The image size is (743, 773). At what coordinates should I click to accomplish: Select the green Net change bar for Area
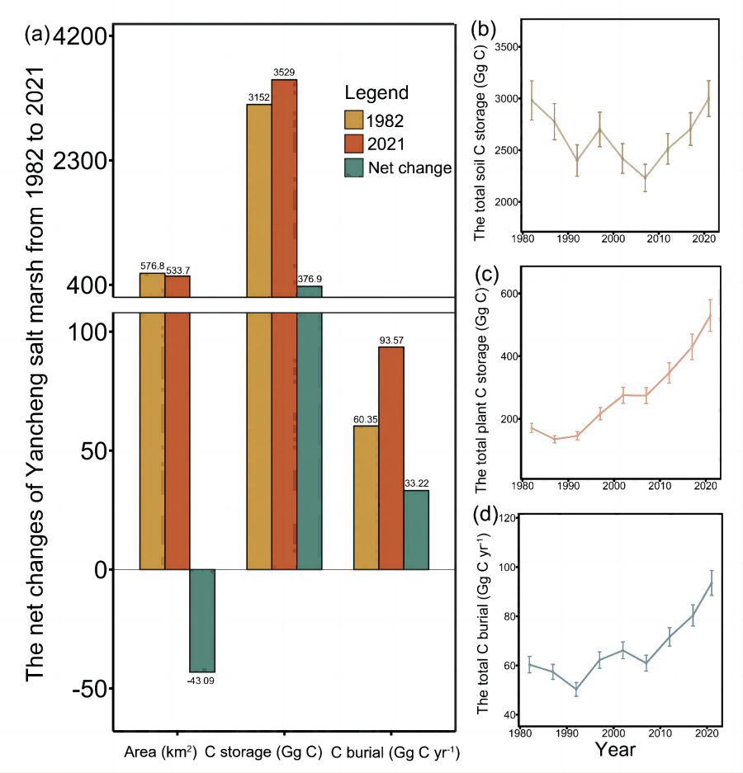point(202,620)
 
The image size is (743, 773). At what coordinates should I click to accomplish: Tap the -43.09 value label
point(202,681)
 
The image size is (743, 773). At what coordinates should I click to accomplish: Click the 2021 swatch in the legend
point(354,144)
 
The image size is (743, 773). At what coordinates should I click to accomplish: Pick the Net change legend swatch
point(354,167)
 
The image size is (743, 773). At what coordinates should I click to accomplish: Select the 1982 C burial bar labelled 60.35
point(367,497)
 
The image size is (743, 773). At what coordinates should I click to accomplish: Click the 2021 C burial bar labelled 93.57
point(391,458)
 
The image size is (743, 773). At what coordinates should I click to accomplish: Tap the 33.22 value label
point(416,483)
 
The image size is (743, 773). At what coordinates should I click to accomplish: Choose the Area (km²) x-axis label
point(160,753)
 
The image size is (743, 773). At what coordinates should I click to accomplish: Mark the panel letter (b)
point(482,31)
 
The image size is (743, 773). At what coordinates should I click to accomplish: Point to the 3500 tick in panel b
point(506,47)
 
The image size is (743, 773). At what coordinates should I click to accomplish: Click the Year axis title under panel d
point(615,750)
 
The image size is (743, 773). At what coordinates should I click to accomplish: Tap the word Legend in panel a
point(376,92)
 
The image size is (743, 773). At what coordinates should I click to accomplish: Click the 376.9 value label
point(310,280)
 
